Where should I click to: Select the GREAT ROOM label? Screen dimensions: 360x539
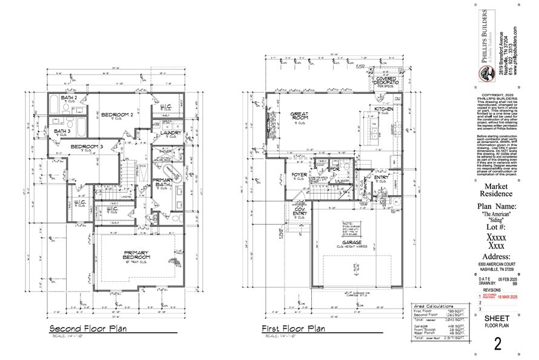pos(300,116)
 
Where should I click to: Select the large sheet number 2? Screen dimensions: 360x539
pos(498,344)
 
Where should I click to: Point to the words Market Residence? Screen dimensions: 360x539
pos(500,190)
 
